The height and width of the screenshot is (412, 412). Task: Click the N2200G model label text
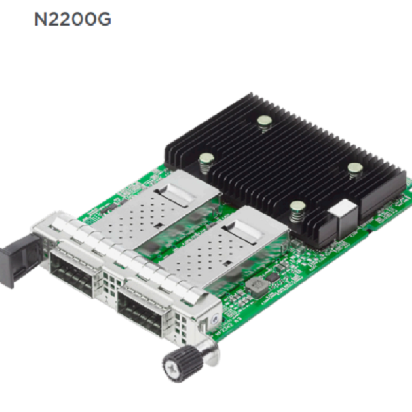(x=73, y=19)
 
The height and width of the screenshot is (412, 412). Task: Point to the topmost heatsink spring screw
(x=264, y=124)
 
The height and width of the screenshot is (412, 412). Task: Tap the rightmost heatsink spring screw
(x=355, y=170)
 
